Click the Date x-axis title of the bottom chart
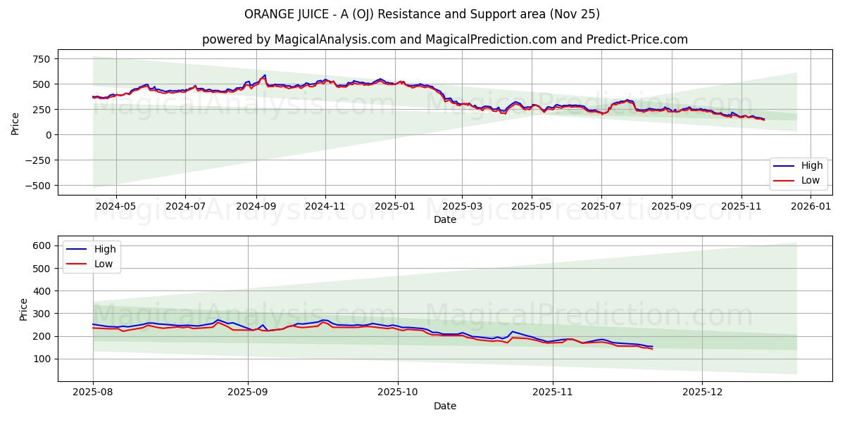point(444,407)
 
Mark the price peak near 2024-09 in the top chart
point(264,75)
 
